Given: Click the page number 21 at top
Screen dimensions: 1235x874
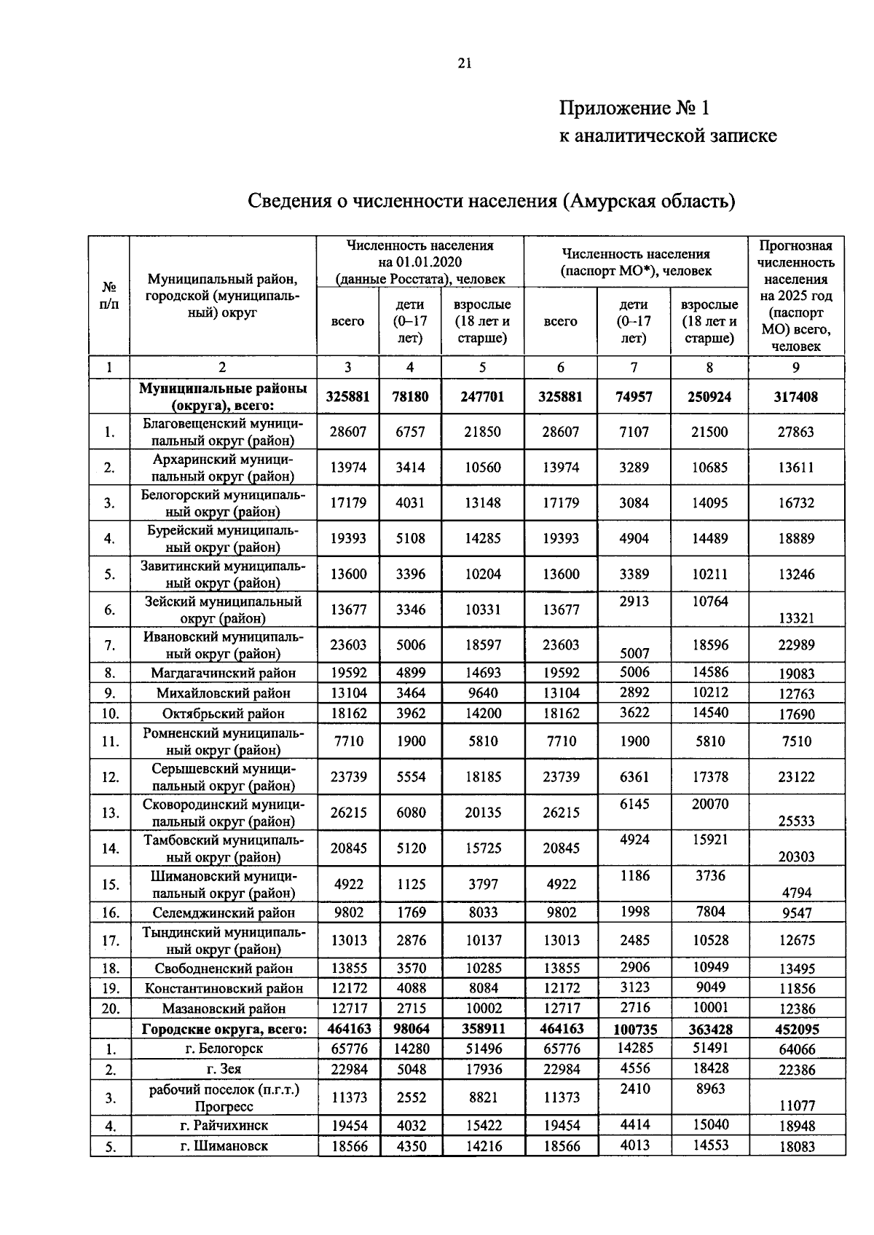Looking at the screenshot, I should tap(465, 63).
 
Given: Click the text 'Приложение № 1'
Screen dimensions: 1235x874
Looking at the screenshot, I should tap(634, 108).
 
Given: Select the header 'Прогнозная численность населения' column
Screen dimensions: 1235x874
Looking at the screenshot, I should tap(795, 295).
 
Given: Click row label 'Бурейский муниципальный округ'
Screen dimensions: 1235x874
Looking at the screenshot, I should tap(222, 538).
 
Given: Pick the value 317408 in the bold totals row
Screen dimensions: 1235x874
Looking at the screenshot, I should tap(795, 397).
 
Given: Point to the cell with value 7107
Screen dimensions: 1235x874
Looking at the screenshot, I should tap(634, 432).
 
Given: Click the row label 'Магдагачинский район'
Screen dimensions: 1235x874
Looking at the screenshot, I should tap(223, 673).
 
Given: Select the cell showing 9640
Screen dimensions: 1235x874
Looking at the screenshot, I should tap(482, 693).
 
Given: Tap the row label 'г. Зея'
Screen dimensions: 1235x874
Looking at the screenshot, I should tap(223, 1069).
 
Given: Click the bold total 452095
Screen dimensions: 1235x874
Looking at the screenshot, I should tap(795, 1030).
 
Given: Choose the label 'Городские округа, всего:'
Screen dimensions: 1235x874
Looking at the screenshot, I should tap(224, 1029).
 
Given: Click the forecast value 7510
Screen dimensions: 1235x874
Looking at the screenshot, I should tap(795, 741).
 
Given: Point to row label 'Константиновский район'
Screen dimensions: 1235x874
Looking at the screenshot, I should tap(223, 988).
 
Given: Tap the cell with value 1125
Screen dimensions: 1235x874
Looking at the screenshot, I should tap(410, 884).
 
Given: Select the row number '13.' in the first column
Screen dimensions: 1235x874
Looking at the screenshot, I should tap(110, 813).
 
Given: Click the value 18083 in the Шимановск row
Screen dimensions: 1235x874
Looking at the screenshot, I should tap(795, 1146).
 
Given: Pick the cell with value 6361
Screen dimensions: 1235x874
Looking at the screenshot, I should tap(634, 777).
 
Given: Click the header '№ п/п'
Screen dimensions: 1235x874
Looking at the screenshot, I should tap(109, 295).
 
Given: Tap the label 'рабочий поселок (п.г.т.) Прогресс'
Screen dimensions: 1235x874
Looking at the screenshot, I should tap(223, 1097).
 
